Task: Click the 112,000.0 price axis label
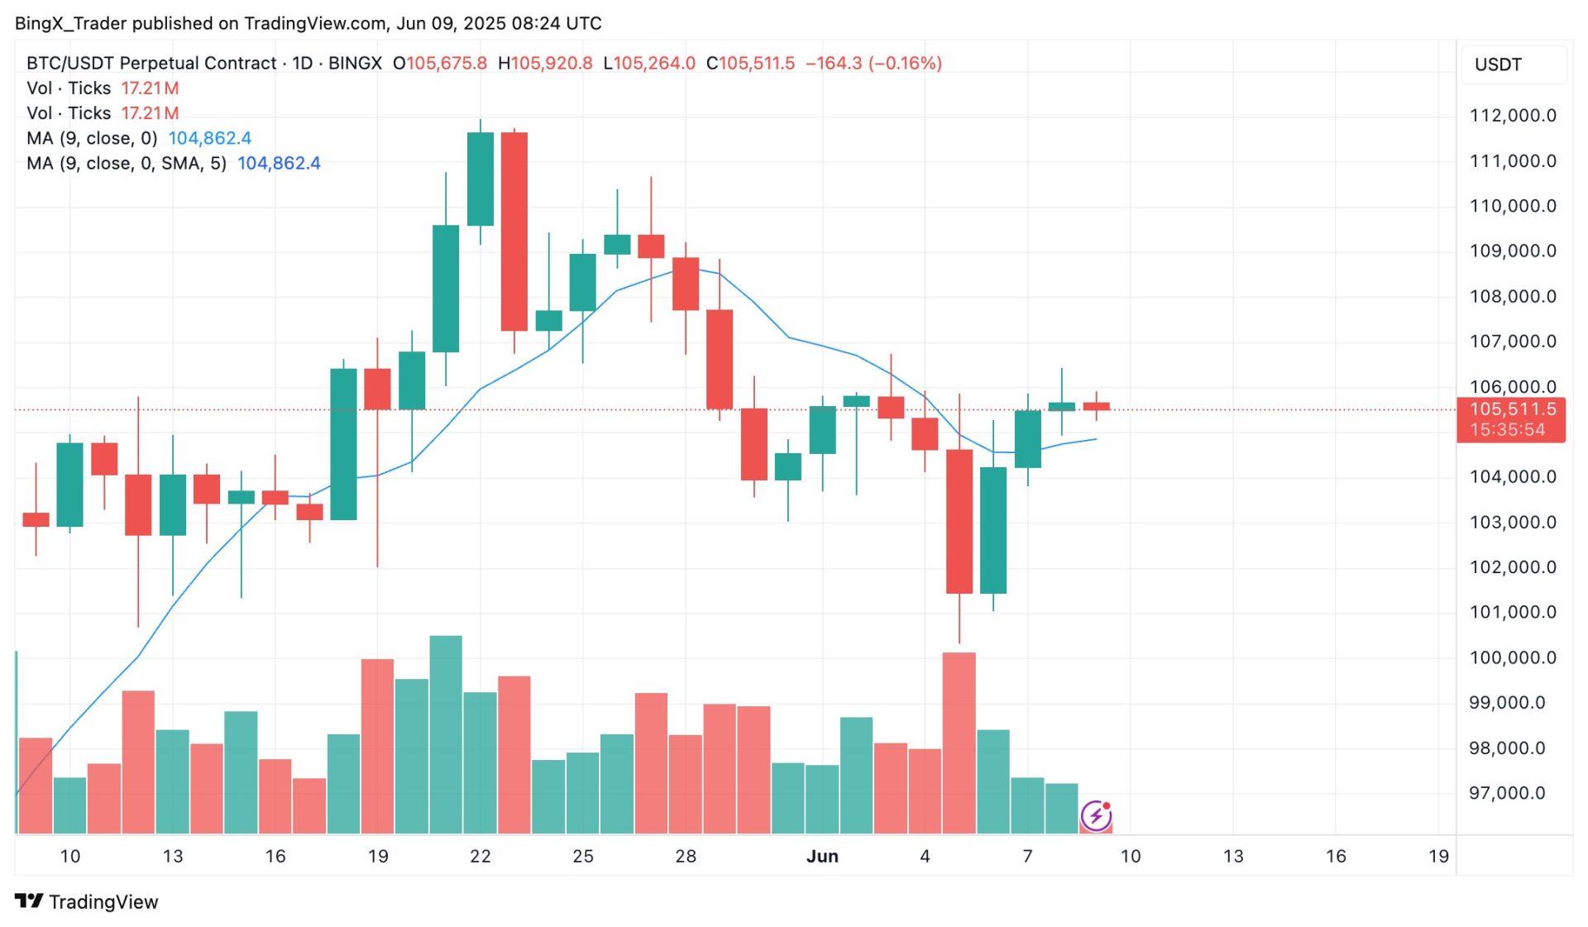click(1512, 116)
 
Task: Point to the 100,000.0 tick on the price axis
click(1512, 658)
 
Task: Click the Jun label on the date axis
click(822, 857)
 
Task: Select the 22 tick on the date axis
click(481, 857)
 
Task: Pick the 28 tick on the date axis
click(686, 857)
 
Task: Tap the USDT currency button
click(1498, 65)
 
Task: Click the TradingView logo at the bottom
click(87, 901)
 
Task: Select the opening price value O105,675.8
click(440, 64)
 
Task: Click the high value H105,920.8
click(545, 64)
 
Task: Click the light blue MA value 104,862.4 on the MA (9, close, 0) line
click(210, 138)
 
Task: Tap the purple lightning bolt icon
click(1096, 816)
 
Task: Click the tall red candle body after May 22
click(514, 232)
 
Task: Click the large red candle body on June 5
click(959, 521)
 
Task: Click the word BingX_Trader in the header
click(70, 23)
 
